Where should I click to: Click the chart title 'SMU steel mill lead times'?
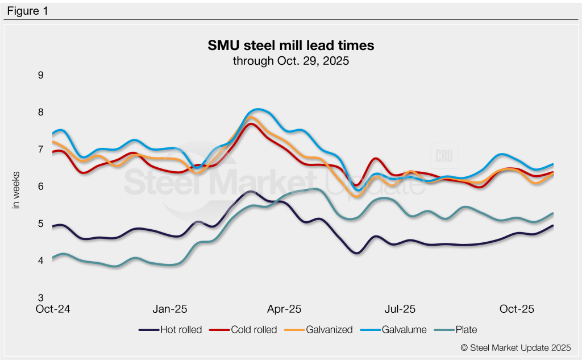pos(290,45)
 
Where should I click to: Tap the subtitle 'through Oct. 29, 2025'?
pos(290,60)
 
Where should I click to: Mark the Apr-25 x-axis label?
pos(284,310)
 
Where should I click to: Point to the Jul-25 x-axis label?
pos(400,310)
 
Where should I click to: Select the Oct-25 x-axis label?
pos(517,310)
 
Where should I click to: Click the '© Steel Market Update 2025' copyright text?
pos(516,347)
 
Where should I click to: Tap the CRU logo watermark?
pos(443,156)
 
